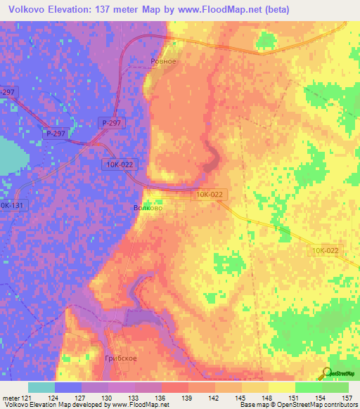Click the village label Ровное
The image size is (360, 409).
click(163, 61)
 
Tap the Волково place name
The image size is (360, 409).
click(147, 208)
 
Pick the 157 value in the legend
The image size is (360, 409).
click(345, 398)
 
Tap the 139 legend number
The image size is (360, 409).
click(188, 398)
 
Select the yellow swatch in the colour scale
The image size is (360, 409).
click(281, 387)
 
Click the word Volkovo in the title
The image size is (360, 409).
click(23, 8)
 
